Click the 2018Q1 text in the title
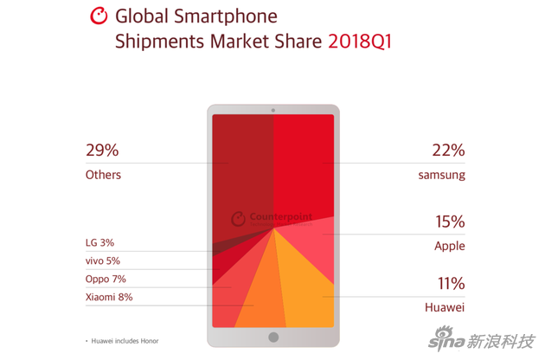click(x=359, y=42)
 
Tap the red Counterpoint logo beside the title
click(x=99, y=16)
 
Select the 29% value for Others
click(x=102, y=150)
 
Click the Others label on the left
click(x=103, y=175)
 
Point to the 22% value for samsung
click(x=448, y=150)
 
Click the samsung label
click(x=441, y=175)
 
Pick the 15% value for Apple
click(x=449, y=222)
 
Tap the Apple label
click(x=450, y=246)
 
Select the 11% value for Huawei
click(x=450, y=283)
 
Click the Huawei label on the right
click(x=446, y=307)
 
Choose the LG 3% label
click(x=99, y=243)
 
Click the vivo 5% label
click(x=102, y=260)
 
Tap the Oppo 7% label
click(x=106, y=279)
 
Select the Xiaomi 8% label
click(x=109, y=297)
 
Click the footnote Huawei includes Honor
click(x=123, y=341)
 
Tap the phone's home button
click(x=273, y=337)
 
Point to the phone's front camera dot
click(x=273, y=110)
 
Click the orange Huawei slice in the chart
click(x=307, y=290)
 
